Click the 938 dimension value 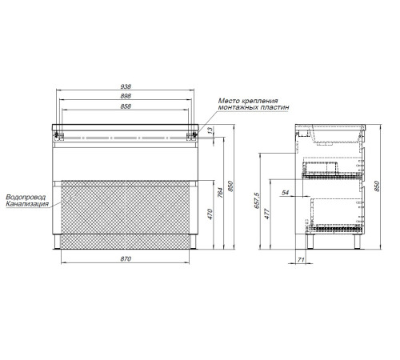point(126,86)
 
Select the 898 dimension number point(126,96)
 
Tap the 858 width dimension point(126,106)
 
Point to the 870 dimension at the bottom point(126,259)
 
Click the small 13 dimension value point(210,130)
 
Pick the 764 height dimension point(220,193)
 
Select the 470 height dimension point(210,214)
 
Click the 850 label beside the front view point(230,186)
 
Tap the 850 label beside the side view point(377,186)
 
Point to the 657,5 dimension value point(257,200)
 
